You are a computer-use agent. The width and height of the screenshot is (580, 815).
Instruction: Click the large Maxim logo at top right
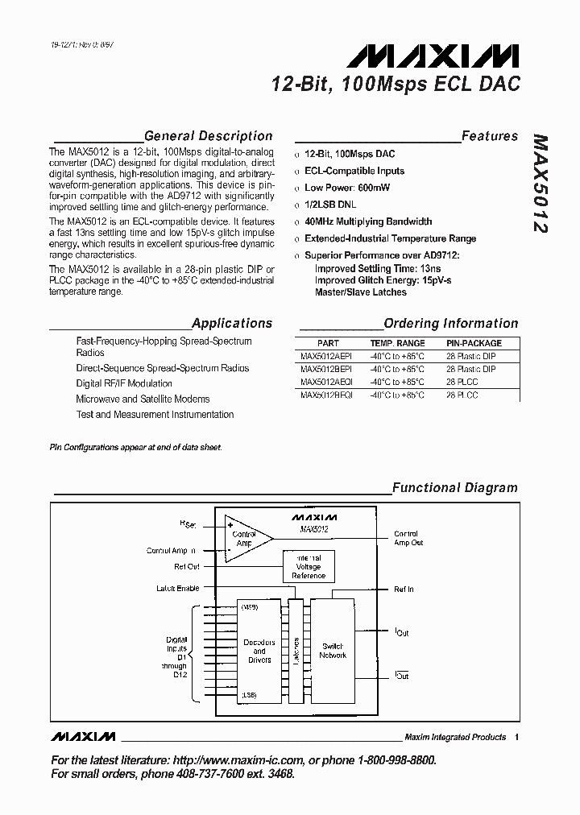433,56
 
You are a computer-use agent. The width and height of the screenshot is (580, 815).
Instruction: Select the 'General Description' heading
208,136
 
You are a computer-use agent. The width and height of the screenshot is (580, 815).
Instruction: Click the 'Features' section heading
489,136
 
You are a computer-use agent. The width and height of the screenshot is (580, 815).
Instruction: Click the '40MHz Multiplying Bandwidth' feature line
368,221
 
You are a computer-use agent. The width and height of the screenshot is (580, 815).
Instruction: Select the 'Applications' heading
232,323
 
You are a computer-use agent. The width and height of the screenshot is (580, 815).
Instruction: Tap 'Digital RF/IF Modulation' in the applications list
124,383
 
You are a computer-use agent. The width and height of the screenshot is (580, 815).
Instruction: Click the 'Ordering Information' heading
450,323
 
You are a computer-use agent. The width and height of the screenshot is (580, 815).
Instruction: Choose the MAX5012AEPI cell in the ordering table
326,355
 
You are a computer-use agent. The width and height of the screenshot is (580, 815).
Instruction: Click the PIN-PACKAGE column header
474,342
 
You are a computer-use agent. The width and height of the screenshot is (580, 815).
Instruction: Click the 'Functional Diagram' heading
454,487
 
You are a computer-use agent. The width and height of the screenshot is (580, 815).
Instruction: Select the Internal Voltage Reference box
308,567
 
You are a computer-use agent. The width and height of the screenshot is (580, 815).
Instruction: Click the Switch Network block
332,651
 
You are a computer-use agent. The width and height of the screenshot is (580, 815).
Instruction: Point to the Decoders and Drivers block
259,651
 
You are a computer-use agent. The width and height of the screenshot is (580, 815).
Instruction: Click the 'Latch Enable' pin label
177,589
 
